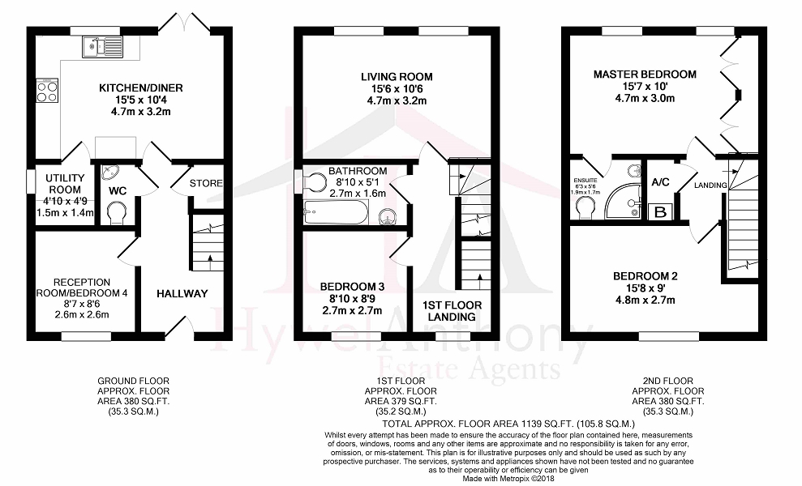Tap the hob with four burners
[46, 90]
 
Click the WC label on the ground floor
[118, 192]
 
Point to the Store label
[206, 183]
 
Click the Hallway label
[182, 293]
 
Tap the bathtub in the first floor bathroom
[334, 215]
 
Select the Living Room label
[397, 77]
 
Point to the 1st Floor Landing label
[452, 311]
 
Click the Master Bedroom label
[645, 75]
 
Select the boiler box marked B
[659, 211]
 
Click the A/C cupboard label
[660, 182]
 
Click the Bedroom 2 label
[645, 276]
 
